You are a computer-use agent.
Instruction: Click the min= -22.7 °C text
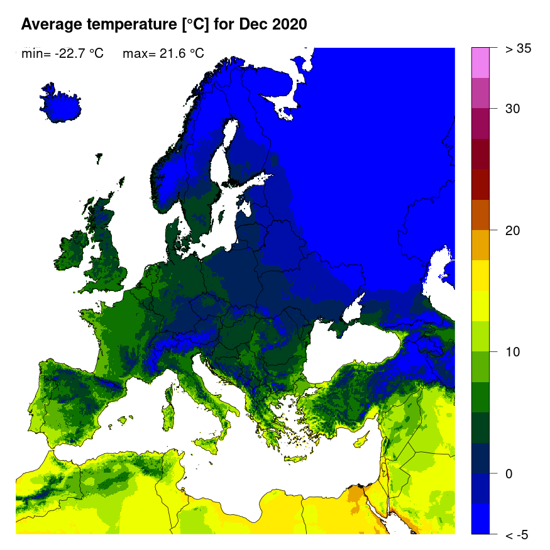[62, 54]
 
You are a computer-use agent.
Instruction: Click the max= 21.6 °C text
[163, 54]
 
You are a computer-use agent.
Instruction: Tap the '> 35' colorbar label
[519, 48]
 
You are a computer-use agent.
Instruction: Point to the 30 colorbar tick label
[513, 109]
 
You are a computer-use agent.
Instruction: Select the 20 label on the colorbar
[513, 231]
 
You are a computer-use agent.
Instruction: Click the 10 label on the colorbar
[513, 352]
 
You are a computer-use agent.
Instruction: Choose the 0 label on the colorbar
[509, 473]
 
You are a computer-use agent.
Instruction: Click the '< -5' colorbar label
[517, 535]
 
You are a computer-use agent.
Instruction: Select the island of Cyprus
[361, 439]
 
